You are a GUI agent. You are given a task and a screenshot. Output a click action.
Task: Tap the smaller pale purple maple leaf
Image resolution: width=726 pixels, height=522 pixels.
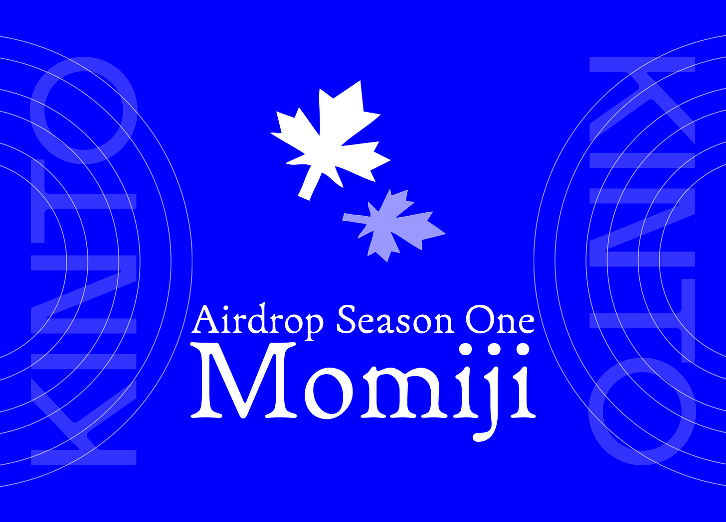tap(394, 224)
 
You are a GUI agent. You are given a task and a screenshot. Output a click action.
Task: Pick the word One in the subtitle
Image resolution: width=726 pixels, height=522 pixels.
tap(500, 321)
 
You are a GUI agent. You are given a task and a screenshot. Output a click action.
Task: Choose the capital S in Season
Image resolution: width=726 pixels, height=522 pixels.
tap(347, 320)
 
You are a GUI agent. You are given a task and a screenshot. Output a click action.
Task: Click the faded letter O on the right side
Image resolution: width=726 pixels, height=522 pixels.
tap(642, 411)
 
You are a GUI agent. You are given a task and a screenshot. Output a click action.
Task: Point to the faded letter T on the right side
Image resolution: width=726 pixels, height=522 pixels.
tap(642, 304)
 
